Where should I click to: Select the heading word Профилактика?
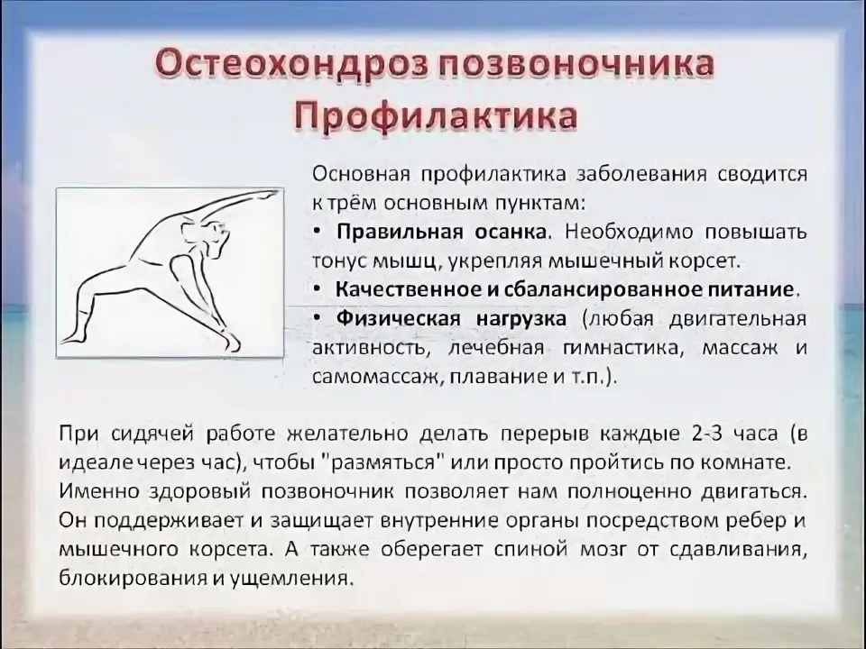tap(436, 116)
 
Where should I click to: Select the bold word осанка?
tap(511, 232)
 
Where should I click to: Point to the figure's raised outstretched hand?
tap(265, 195)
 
